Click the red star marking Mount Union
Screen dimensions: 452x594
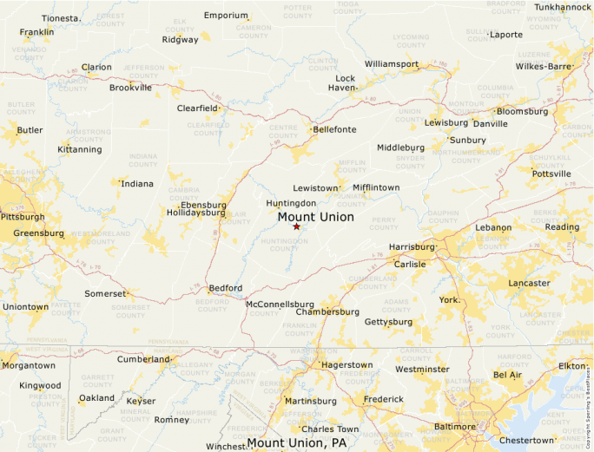[296, 226]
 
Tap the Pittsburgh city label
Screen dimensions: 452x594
[23, 217]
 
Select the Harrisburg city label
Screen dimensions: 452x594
[411, 246]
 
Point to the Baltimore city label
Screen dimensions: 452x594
[454, 426]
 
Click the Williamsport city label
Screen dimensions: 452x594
[391, 64]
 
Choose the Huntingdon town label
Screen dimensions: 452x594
[291, 203]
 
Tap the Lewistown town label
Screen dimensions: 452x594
[314, 187]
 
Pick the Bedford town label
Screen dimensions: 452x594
[226, 288]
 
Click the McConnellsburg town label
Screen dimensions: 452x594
[280, 304]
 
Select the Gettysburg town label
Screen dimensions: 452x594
[388, 322]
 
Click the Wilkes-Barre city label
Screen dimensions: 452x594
[543, 66]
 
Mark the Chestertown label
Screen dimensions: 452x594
[526, 440]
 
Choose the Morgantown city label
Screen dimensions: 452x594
[28, 365]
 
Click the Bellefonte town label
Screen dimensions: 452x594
[334, 129]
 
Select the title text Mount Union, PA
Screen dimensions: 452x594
[297, 443]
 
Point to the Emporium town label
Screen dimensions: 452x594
[226, 16]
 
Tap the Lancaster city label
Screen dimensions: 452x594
[529, 283]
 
